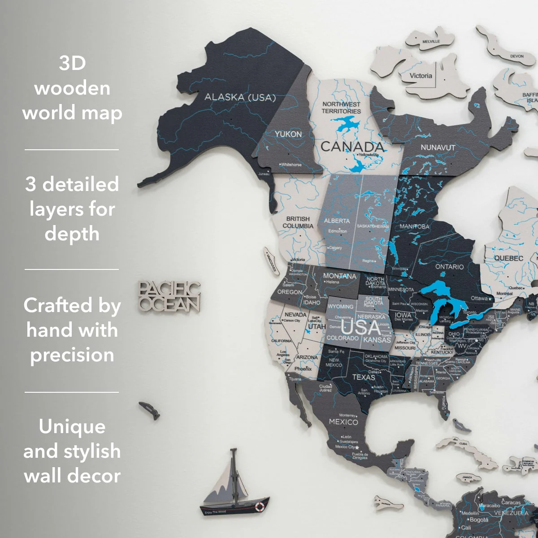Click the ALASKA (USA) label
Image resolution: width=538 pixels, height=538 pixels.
[x=240, y=97]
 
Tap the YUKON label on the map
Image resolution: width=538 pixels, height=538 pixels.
[x=288, y=134]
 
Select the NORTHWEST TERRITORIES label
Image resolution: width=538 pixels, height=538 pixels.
[x=341, y=108]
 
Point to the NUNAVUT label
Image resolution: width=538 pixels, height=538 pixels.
[x=438, y=148]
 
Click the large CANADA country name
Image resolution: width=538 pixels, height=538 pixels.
[x=352, y=147]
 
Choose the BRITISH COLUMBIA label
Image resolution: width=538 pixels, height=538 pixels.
[x=298, y=222]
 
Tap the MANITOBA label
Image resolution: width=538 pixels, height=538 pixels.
[x=414, y=226]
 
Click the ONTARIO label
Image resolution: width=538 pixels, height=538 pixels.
[x=449, y=267]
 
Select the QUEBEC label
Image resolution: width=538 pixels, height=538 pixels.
[x=508, y=258]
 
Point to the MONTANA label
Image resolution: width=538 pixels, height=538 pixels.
[x=339, y=276]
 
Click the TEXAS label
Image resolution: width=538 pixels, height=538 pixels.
[x=363, y=377]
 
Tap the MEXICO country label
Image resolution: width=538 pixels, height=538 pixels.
[x=343, y=422]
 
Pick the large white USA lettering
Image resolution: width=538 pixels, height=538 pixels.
[x=361, y=327]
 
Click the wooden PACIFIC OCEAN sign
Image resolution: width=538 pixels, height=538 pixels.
[x=169, y=297]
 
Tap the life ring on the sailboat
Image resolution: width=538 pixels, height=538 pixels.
[x=259, y=507]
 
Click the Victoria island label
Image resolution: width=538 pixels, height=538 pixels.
[x=421, y=76]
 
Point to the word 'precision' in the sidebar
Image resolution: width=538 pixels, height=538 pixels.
[x=72, y=355]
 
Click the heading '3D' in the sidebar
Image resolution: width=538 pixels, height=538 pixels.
[x=72, y=63]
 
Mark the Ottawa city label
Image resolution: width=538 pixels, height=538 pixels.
[x=479, y=298]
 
